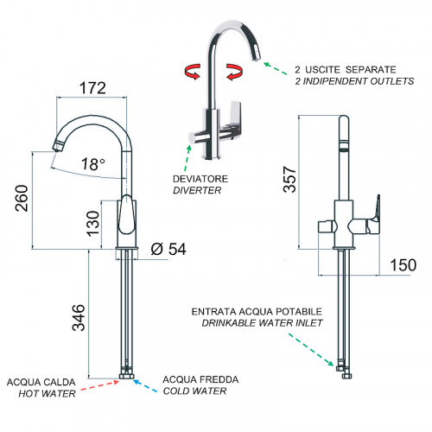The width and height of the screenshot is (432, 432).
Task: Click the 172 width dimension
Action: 92,88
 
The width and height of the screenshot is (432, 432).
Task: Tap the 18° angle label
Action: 93,164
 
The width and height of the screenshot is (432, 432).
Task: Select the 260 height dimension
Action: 22,199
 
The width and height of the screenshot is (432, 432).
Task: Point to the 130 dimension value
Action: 93,224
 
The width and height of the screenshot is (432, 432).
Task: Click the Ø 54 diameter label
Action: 168,249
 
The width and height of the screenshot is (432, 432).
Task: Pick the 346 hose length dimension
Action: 79,317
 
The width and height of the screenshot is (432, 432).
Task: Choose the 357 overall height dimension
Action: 289,179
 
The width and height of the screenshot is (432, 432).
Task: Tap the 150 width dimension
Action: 403,265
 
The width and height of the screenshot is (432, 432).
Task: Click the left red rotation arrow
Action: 193,72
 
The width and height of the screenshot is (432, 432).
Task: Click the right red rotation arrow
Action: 235,72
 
